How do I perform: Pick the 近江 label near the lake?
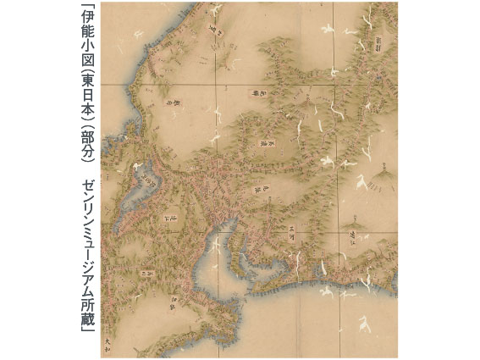(x=174, y=222)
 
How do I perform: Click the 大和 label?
(x=109, y=341)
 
